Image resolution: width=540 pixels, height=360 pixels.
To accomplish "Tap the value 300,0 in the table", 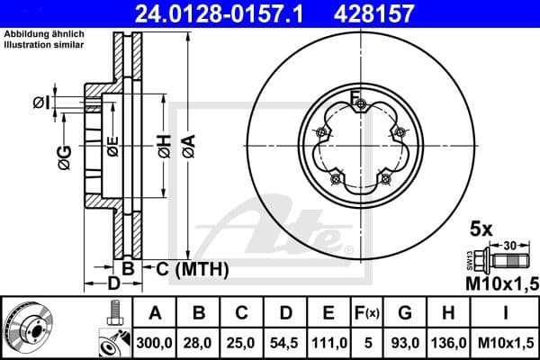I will (x=154, y=343).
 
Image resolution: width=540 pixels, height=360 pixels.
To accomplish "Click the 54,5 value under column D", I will (x=286, y=343).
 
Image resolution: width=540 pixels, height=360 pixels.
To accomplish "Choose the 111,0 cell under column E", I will (x=329, y=343).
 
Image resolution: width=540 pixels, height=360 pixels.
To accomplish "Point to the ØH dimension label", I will (x=163, y=147).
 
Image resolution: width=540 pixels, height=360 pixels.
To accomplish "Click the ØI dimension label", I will (x=40, y=103).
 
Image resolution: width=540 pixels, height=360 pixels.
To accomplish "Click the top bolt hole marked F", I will (x=361, y=107).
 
